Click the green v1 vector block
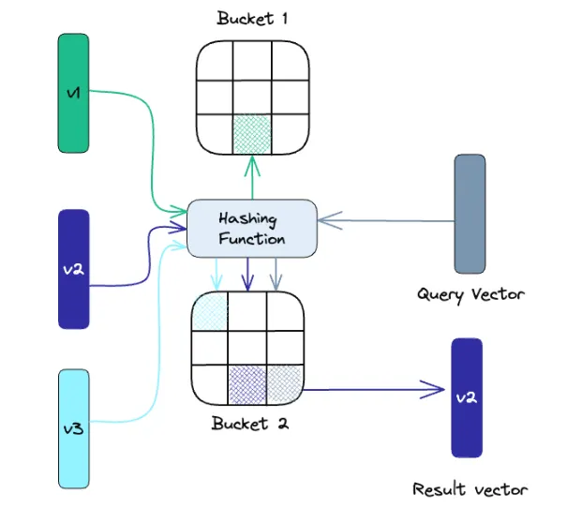73,93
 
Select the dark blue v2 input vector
73,269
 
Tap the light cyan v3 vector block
73,427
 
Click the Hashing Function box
251,228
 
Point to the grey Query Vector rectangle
470,214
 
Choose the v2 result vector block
467,397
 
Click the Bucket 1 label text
251,19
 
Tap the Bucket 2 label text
250,423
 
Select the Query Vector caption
470,294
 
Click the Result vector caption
470,489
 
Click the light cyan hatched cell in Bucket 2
210,310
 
